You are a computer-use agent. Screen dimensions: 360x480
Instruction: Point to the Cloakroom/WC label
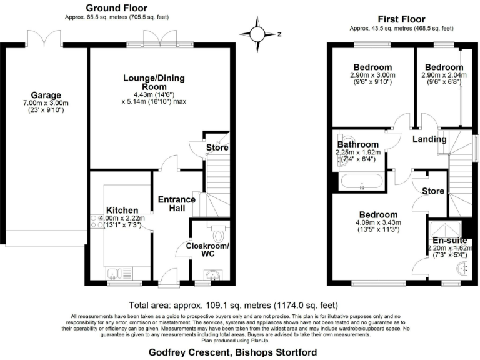click(x=207, y=250)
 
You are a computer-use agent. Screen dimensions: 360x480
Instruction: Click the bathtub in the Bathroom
click(x=361, y=182)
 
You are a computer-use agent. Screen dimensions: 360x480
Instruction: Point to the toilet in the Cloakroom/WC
click(x=218, y=235)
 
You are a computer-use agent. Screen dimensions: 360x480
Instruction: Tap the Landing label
click(x=430, y=139)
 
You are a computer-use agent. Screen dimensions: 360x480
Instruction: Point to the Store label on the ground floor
click(x=217, y=147)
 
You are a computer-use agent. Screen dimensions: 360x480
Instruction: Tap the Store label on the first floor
click(x=432, y=191)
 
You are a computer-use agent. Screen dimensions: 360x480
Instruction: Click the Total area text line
click(x=239, y=306)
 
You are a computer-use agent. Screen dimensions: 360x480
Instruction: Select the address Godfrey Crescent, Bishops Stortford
click(x=232, y=352)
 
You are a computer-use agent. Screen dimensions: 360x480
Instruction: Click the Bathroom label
click(x=357, y=144)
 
